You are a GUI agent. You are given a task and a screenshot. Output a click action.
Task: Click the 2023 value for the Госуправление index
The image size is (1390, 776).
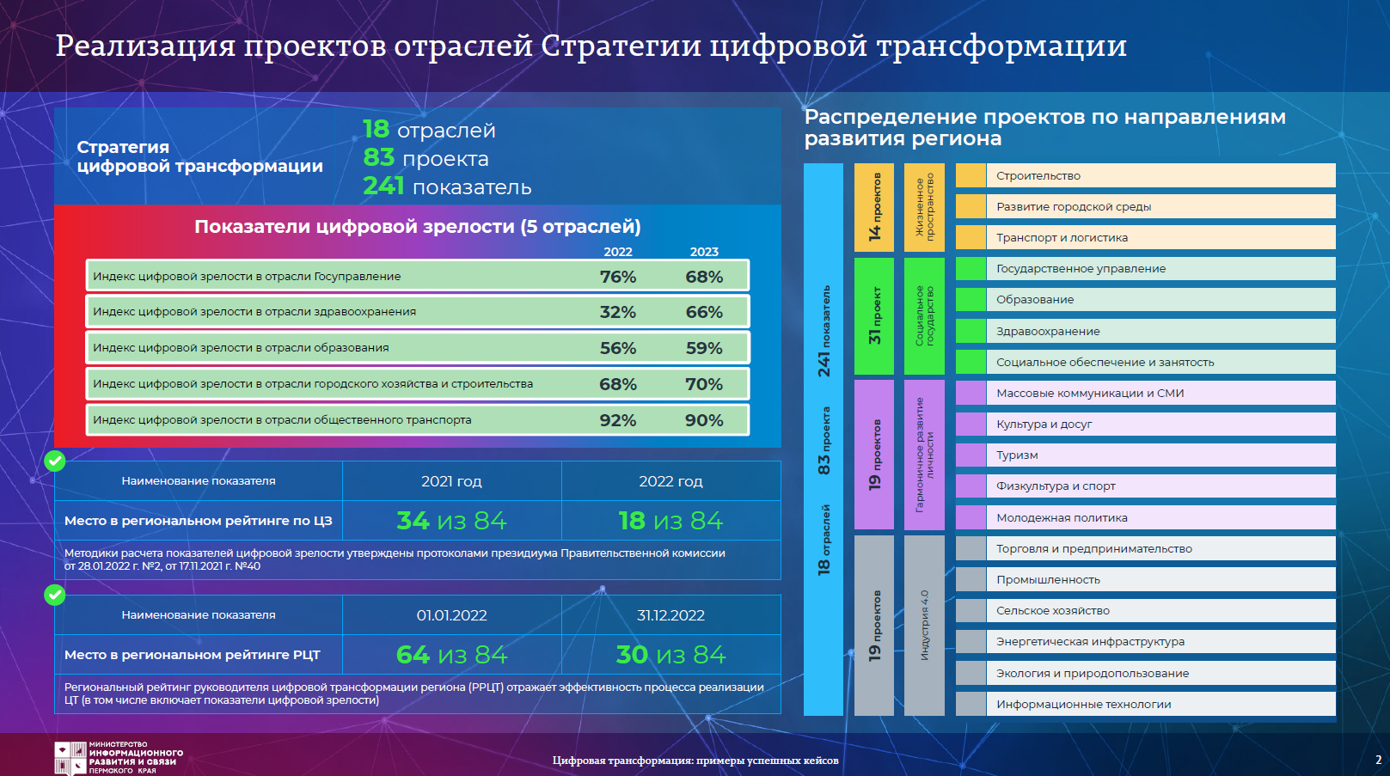(704, 277)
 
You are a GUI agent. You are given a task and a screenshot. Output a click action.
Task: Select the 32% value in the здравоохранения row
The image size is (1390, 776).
(617, 312)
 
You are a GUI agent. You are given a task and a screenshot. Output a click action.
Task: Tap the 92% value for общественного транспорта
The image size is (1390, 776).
(617, 420)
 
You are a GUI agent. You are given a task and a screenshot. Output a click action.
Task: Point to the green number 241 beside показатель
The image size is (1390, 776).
(383, 186)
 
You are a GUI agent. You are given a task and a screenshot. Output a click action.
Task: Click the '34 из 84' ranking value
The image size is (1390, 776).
(452, 521)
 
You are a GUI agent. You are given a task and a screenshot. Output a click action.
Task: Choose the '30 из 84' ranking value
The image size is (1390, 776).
(671, 655)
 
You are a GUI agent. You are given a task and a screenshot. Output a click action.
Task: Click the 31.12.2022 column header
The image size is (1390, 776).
(671, 615)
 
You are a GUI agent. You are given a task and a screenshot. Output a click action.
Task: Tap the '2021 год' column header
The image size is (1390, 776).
(452, 481)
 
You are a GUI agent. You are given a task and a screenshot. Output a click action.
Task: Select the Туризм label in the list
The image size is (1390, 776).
(1017, 455)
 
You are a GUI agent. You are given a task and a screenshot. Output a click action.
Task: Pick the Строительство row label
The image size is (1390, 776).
(1038, 176)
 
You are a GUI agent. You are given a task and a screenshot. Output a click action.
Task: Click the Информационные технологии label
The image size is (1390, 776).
(1083, 704)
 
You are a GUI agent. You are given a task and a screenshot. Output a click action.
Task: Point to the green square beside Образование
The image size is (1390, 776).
(971, 300)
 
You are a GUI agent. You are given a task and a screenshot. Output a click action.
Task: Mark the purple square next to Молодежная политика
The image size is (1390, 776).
(971, 517)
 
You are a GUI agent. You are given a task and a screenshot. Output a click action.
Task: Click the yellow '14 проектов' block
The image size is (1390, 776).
(873, 207)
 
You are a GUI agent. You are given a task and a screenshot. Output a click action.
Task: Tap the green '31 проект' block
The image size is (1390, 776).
(873, 315)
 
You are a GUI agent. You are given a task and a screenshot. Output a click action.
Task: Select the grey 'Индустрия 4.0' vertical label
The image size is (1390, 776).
(924, 626)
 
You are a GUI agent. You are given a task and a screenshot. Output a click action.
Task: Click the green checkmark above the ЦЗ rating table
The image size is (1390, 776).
(55, 461)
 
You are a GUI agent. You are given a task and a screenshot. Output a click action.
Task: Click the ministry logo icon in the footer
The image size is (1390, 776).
(70, 758)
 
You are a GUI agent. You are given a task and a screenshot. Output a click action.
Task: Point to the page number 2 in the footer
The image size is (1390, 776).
(1378, 760)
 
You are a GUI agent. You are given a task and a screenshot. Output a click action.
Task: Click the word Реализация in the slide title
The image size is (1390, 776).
(145, 46)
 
